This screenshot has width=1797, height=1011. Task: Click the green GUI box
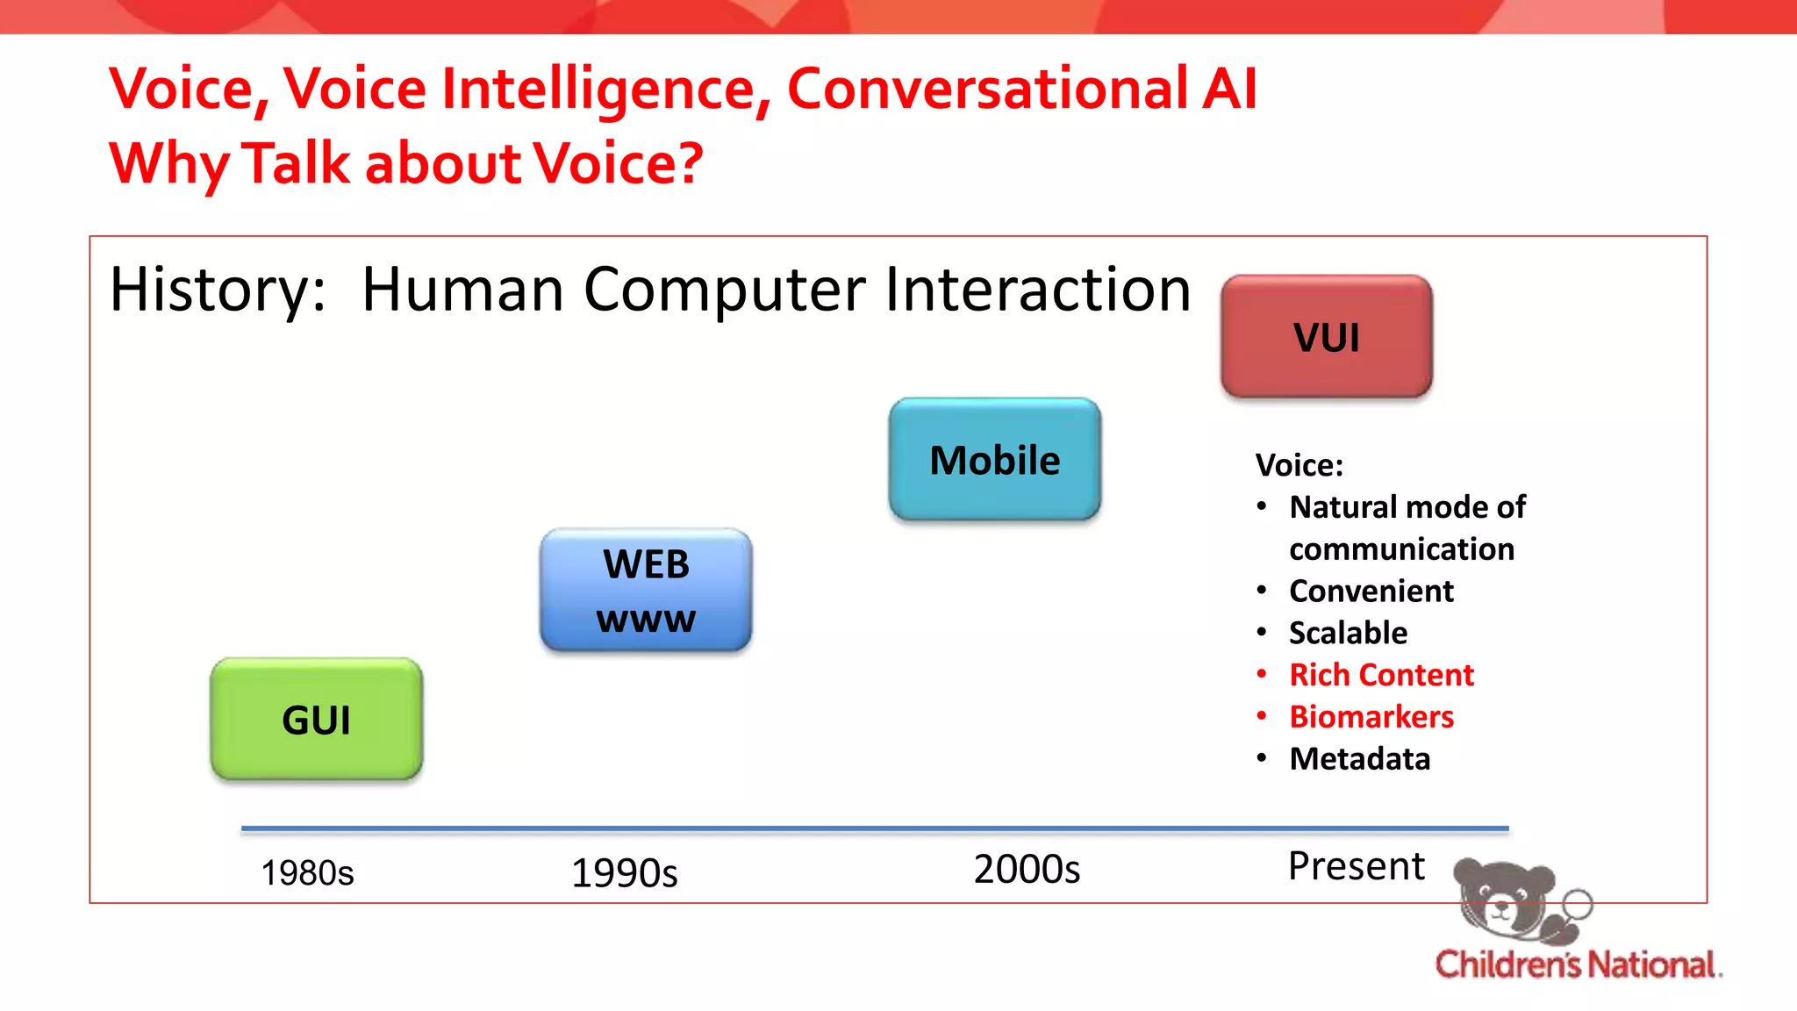click(316, 720)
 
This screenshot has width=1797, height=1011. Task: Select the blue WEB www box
click(646, 591)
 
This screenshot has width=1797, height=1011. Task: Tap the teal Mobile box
click(994, 460)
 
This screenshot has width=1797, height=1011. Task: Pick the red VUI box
click(1326, 337)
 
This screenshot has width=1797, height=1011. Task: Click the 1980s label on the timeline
click(307, 873)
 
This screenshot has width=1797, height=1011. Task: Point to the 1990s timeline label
click(624, 873)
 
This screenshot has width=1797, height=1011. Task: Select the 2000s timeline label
click(1027, 870)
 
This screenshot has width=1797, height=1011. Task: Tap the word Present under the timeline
click(1356, 866)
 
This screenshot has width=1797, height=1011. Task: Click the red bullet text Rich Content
click(1381, 675)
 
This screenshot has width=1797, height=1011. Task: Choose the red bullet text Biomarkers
click(1371, 717)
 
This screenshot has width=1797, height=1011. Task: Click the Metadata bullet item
click(1359, 759)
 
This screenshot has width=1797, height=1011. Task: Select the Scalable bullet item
click(1348, 633)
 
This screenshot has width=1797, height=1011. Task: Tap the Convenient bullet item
click(1371, 592)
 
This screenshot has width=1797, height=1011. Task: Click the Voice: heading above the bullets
click(1299, 465)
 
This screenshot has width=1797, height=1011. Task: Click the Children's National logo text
click(1577, 964)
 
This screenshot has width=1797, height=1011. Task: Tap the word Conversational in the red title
click(987, 89)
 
